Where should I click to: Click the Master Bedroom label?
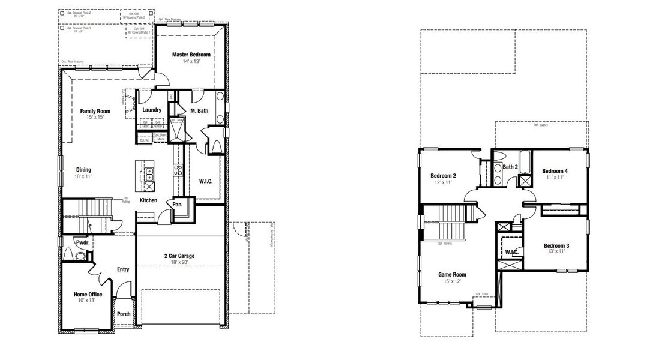point(191,55)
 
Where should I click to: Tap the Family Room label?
point(95,111)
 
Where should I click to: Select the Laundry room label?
point(152,110)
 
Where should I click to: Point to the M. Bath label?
point(199,110)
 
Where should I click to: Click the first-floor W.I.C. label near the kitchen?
point(206,181)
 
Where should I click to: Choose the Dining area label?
point(83,170)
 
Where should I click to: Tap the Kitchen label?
point(149,200)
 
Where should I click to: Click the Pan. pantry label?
point(178,205)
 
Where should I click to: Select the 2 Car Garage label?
point(179,256)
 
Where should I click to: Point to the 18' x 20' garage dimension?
point(179,262)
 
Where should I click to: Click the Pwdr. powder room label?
point(82,242)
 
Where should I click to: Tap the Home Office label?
point(88,295)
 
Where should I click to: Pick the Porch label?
point(124,314)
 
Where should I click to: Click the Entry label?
point(123,269)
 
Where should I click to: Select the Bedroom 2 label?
point(443,176)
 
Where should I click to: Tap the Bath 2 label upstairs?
point(510,167)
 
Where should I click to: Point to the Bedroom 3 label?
point(556,246)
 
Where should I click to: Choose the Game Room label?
point(451,275)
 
